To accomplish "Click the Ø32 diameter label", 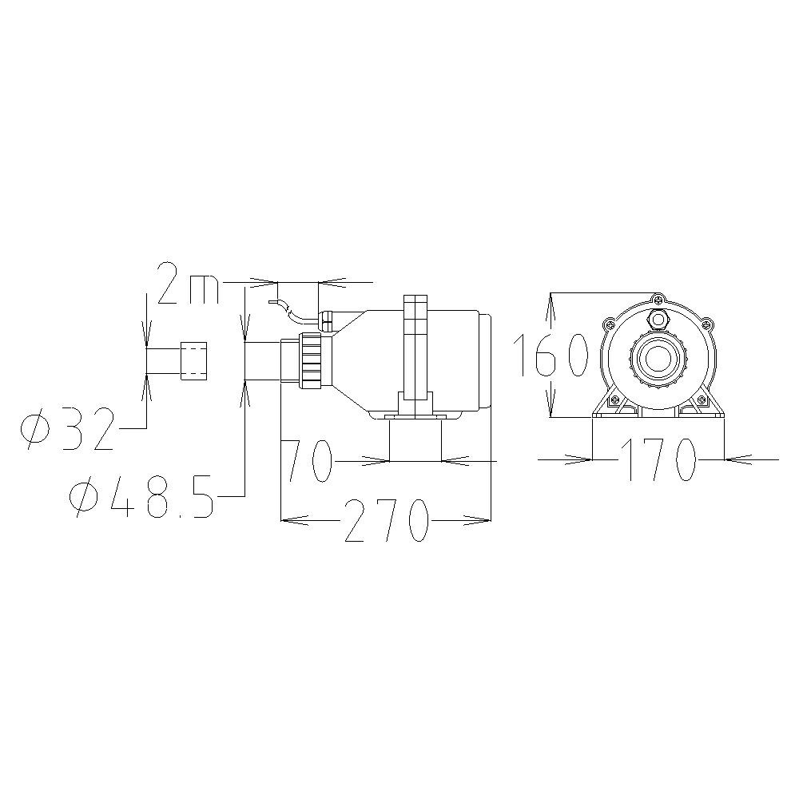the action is point(66,428).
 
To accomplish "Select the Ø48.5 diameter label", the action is point(141,497).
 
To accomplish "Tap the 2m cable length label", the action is point(189,284).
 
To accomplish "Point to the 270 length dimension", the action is point(385,520).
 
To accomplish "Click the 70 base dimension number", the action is point(308,461).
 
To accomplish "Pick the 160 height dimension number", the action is point(551,356).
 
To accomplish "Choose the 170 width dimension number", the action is point(658,459).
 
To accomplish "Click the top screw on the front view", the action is point(659,300).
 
